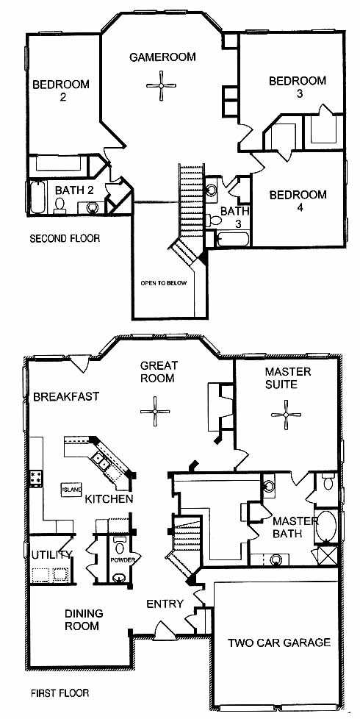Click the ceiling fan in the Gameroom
(x=161, y=86)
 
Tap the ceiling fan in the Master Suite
(x=287, y=415)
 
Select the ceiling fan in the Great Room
(x=155, y=411)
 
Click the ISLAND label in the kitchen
(x=71, y=490)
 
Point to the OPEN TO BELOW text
(x=164, y=283)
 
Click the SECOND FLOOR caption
(x=65, y=238)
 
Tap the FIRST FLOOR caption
(x=60, y=693)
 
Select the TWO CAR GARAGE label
(x=279, y=643)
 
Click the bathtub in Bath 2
(x=38, y=198)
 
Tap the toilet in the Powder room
(x=120, y=545)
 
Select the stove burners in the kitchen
(x=36, y=477)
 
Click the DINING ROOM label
(x=84, y=620)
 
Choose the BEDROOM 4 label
(x=298, y=201)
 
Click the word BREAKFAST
(x=66, y=397)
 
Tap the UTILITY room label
(x=51, y=554)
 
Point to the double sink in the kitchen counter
(x=101, y=462)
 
